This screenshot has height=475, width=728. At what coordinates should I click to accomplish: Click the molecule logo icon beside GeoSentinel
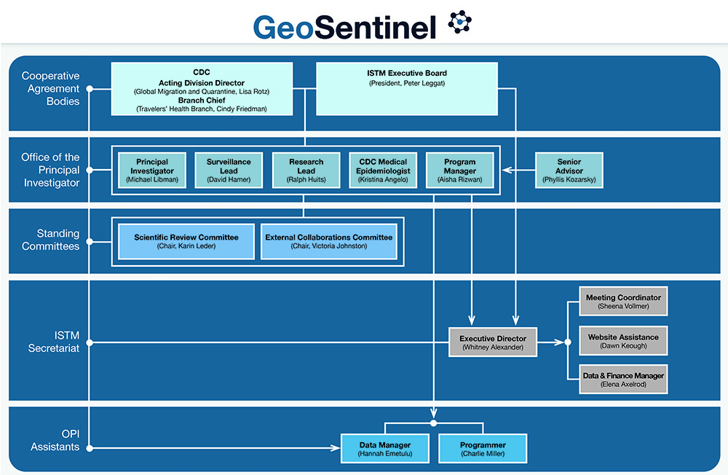click(x=459, y=23)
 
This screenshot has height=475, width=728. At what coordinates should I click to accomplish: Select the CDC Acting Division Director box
click(x=202, y=89)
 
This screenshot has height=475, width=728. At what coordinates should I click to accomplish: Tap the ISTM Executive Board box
click(x=406, y=89)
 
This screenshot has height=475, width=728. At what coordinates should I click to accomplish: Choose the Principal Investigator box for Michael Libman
click(x=152, y=170)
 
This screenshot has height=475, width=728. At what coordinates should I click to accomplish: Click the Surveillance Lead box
click(x=229, y=170)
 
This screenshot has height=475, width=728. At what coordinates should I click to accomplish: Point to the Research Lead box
click(x=306, y=170)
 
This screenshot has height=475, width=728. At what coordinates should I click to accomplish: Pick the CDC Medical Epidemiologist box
click(x=383, y=170)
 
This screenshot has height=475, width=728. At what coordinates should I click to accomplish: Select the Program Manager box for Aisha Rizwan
click(x=460, y=170)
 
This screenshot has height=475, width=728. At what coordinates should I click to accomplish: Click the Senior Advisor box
click(x=569, y=170)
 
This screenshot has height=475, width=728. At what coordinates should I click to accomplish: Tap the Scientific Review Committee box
click(x=186, y=241)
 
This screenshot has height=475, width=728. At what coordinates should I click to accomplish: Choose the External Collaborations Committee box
click(x=328, y=241)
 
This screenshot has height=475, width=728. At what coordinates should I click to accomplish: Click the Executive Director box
click(x=493, y=342)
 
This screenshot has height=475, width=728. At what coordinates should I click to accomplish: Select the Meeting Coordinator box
click(x=623, y=302)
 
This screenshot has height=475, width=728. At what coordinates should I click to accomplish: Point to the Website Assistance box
click(x=623, y=341)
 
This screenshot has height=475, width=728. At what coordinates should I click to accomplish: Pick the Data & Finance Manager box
click(x=623, y=380)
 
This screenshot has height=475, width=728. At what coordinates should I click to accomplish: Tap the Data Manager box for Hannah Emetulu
click(x=385, y=449)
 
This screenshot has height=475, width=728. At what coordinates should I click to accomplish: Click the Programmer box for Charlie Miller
click(x=483, y=449)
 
